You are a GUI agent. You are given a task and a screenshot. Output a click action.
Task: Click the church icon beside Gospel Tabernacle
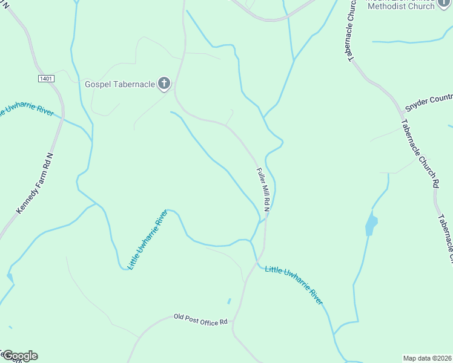point(164,83)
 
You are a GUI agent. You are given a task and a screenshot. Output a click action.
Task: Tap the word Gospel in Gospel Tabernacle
point(99,83)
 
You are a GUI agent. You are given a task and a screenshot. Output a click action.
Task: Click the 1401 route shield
point(46,79)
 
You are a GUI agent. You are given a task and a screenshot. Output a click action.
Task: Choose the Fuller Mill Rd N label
point(262,189)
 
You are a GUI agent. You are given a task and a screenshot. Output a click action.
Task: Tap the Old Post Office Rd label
point(200,319)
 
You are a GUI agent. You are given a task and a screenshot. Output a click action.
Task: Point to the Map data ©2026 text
point(428,358)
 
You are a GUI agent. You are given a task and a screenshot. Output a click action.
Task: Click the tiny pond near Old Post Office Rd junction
point(229,301)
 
